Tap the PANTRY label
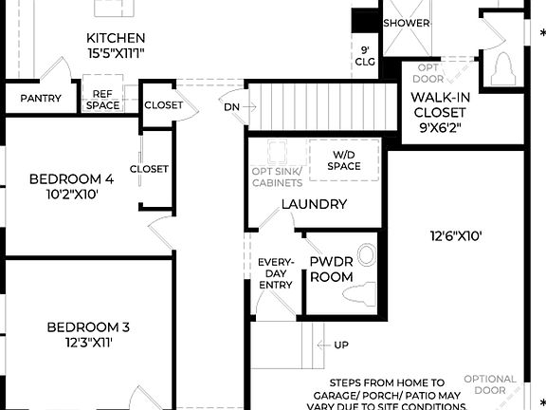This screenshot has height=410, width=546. click(x=41, y=99)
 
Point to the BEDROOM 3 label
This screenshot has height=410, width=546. click(x=88, y=335)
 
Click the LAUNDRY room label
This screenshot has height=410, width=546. click(x=314, y=204)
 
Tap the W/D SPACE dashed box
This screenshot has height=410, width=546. click(x=345, y=160)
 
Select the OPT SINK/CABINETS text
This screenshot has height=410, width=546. click(x=277, y=177)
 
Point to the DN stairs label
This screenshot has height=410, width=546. click(x=232, y=107)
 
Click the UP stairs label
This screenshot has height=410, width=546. click(x=340, y=345)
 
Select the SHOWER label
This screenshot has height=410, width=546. click(x=407, y=23)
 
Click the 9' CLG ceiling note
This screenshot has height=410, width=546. click(x=365, y=56)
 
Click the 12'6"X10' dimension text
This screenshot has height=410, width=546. click(x=456, y=235)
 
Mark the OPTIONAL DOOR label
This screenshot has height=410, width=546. click(x=491, y=384)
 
